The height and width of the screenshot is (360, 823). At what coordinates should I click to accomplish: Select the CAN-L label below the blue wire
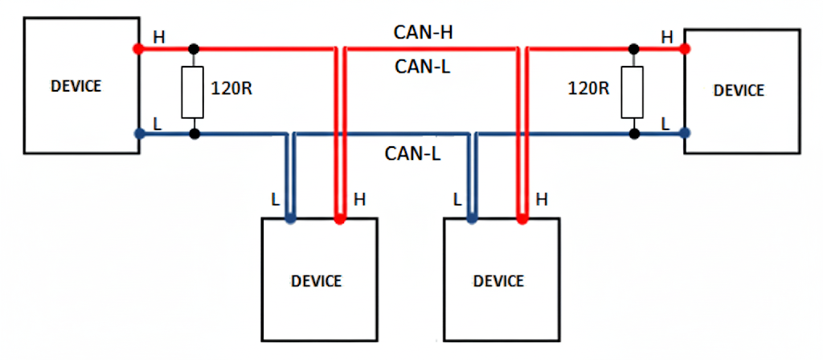coord(412,153)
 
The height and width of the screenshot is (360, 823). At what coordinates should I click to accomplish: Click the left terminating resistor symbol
coord(193,90)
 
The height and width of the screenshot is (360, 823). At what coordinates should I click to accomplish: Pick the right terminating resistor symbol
coord(634,90)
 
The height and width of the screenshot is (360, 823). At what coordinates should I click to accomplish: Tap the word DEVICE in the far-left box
coord(76,86)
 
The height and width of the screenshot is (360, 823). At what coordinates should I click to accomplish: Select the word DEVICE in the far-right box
coord(739,90)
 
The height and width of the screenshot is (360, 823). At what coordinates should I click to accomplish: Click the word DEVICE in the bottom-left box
coord(316,281)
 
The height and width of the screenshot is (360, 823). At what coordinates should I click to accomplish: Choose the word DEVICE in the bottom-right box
coord(498,281)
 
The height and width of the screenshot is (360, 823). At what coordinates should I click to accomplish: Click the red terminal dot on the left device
coord(138,48)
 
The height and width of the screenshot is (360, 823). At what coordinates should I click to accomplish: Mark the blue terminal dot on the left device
coord(138,133)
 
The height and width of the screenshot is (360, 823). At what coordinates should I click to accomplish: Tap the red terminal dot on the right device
coord(685,48)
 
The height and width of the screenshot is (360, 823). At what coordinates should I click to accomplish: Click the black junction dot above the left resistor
coord(193,48)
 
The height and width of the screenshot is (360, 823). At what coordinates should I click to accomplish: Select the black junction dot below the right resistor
coord(634,133)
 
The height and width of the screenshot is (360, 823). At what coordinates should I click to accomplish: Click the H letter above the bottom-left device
coord(359,198)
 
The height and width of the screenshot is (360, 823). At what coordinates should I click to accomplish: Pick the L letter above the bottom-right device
coord(457,198)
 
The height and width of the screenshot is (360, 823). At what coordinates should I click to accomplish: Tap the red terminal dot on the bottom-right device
coord(522,218)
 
